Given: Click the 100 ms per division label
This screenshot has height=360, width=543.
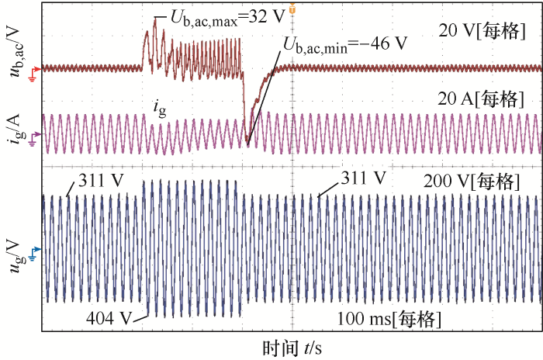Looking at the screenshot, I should [x=390, y=319].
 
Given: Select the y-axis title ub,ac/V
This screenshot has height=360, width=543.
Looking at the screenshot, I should [x=13, y=51].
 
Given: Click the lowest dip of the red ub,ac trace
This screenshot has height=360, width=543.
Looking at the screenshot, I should [x=247, y=142].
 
